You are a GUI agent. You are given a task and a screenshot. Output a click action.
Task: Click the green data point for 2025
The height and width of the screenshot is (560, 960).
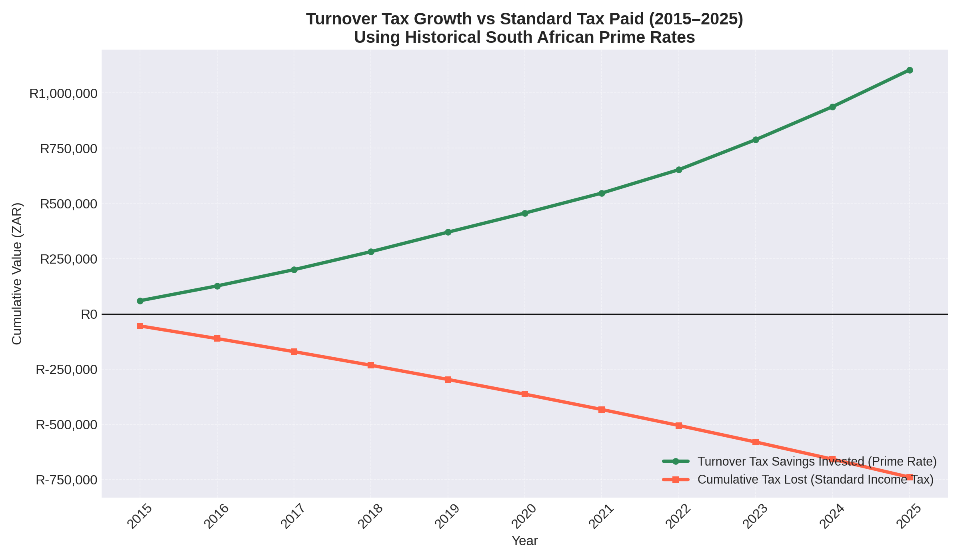[909, 70]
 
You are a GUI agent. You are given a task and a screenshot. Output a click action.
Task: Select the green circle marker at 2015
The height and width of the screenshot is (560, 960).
[140, 301]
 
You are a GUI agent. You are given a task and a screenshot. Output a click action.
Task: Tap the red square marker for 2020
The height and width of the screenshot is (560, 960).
[525, 394]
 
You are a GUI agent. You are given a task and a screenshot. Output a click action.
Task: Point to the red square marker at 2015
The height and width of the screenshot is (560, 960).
[140, 326]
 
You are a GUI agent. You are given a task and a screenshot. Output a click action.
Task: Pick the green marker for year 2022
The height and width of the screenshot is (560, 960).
[679, 170]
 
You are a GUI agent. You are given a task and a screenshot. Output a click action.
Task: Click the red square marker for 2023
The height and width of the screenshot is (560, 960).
[756, 442]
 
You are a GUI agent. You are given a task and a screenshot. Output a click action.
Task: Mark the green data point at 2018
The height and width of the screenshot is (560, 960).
[371, 252]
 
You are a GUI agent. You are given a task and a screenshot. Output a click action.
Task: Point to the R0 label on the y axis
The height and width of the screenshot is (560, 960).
[89, 315]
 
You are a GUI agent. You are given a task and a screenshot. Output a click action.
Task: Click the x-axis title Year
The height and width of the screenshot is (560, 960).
[525, 541]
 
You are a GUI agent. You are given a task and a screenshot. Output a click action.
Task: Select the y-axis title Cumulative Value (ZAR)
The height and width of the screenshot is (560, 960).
[17, 274]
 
